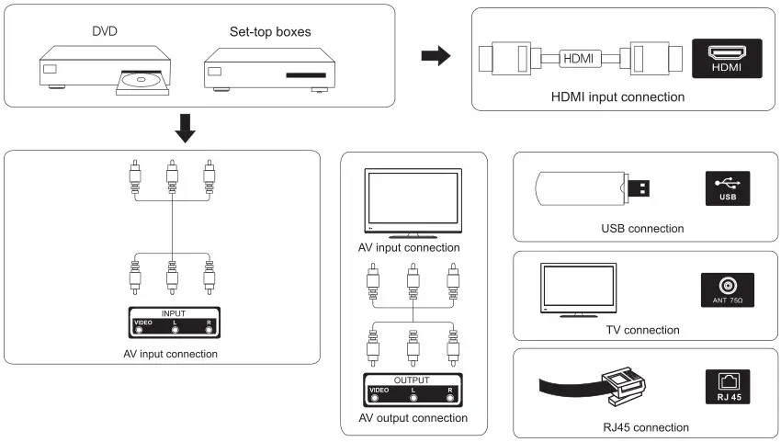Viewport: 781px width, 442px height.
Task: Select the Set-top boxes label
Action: (270, 31)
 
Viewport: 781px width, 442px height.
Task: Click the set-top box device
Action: (267, 70)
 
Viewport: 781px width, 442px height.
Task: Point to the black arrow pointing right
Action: (436, 57)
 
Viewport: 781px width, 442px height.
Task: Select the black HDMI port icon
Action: (727, 57)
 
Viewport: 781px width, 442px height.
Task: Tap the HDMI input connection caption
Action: (617, 96)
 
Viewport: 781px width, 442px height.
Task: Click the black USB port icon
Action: (727, 188)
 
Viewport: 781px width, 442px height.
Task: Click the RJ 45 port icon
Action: (727, 386)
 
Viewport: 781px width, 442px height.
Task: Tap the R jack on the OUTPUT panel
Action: (451, 399)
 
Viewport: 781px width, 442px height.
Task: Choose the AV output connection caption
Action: (413, 418)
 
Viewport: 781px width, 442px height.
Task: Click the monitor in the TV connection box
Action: (579, 289)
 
